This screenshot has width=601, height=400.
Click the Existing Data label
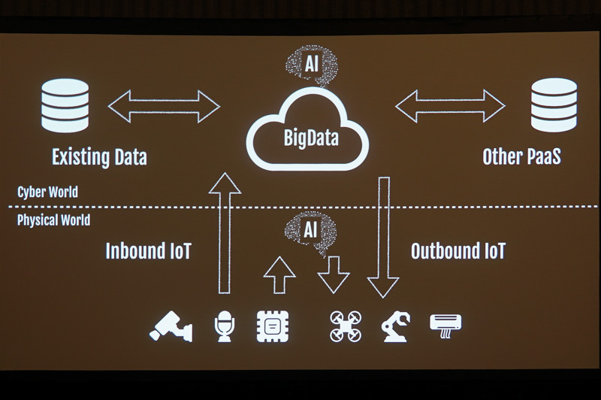[x=99, y=157]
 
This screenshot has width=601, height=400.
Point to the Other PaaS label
[x=522, y=157]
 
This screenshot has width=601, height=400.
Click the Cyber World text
[x=47, y=192]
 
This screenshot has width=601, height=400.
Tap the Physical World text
[x=53, y=220]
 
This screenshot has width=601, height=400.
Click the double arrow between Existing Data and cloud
[x=164, y=106]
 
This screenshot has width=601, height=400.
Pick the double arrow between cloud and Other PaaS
[x=450, y=106]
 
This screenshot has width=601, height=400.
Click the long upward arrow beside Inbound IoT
[x=224, y=233]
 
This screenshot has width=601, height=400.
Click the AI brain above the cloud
[x=309, y=65]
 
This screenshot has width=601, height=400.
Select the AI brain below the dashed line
[x=310, y=230]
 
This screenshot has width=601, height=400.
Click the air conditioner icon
[x=445, y=324]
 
